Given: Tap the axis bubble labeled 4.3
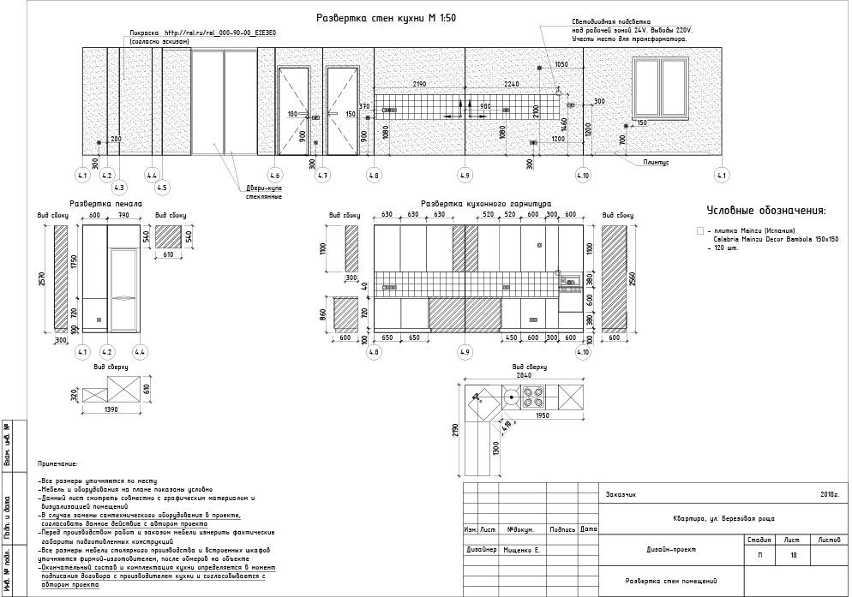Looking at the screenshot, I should tap(118, 188).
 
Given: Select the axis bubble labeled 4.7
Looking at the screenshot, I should tap(322, 176).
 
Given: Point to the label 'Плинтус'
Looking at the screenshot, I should tap(655, 160).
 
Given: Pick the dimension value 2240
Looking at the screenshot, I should tap(512, 84).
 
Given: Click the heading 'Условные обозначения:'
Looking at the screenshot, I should tap(765, 211).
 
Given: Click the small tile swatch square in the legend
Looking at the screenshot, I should tap(700, 231).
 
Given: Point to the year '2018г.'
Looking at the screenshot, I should tap(829, 494).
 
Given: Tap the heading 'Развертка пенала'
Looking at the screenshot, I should tap(99, 205).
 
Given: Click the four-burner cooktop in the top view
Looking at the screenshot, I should tap(533, 397).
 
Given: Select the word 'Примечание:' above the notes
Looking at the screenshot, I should tap(58, 463).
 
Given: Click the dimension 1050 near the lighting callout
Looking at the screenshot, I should tap(561, 64).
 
